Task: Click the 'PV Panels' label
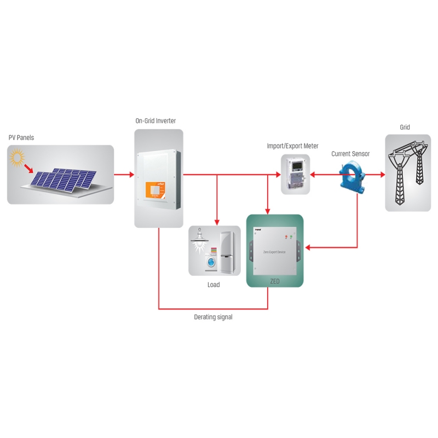[21, 137]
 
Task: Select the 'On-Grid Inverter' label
[155, 120]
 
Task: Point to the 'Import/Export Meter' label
[292, 146]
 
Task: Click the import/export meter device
[295, 174]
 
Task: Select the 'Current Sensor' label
[350, 154]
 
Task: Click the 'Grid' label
[405, 128]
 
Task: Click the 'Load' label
[214, 285]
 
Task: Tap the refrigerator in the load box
[228, 251]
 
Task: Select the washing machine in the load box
[211, 263]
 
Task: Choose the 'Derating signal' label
[213, 317]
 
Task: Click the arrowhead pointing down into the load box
[217, 222]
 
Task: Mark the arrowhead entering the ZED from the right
[308, 248]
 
